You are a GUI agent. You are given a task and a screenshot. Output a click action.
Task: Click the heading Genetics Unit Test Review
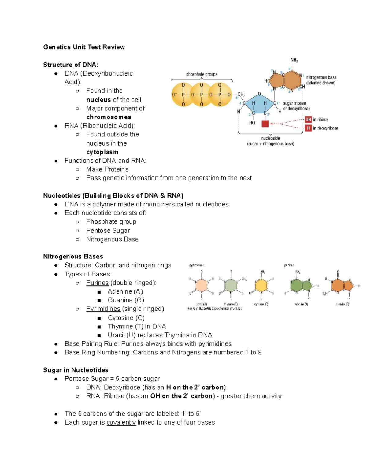pos(84,47)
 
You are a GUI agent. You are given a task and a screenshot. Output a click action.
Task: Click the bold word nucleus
pos(98,100)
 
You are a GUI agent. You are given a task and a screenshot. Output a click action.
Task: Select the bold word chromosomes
pos(109,117)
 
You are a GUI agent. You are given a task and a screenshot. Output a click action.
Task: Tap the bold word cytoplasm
pos(102,152)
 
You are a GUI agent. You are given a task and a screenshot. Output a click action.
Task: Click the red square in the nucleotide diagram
pos(265,124)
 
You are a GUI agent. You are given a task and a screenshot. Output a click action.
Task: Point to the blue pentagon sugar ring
pos(259,104)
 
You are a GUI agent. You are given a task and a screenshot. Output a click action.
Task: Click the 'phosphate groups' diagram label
pos(202,74)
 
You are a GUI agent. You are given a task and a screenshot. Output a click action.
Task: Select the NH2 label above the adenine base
pos(294,60)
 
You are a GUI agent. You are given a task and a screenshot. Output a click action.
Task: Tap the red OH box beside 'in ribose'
pos(308,120)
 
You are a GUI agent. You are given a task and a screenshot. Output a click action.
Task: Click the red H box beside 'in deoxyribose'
pos(308,128)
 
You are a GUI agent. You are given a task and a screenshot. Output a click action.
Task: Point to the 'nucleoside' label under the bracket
pos(270,138)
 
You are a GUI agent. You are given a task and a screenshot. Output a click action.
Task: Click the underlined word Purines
pos(97,283)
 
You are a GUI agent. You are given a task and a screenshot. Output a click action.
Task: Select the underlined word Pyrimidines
pos(103,309)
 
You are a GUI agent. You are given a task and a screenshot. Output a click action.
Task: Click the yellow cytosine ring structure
pos(261,286)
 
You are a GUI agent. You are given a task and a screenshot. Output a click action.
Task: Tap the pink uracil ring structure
pos(201,286)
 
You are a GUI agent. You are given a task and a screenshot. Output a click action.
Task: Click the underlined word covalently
pos(121,422)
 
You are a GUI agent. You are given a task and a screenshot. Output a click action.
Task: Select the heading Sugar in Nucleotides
pos(76,370)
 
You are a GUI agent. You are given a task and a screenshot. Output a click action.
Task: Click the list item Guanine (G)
pos(126,300)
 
